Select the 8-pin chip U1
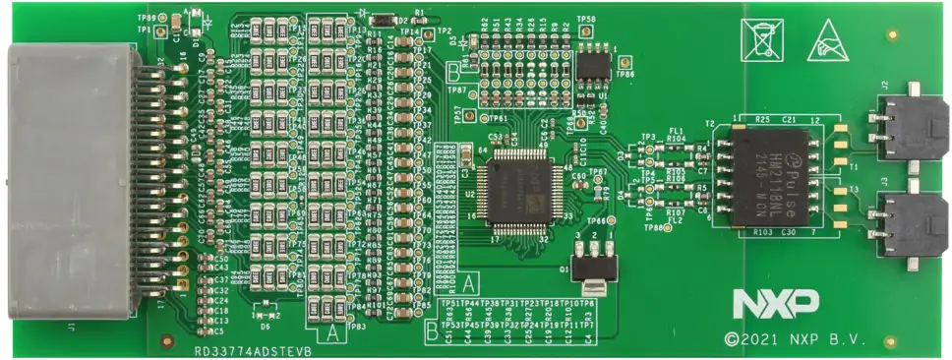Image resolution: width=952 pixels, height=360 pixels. click(594, 63)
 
